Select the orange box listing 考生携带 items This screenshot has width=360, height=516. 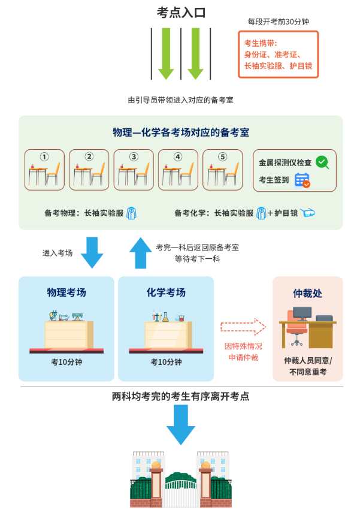point(278,55)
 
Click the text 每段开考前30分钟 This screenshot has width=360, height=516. point(278,22)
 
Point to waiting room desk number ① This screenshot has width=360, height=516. point(44,170)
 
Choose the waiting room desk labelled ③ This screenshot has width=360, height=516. point(134,170)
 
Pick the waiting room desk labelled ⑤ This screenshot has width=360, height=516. point(223,170)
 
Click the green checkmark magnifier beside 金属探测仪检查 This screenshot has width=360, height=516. point(322,162)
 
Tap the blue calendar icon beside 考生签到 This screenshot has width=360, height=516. point(302,180)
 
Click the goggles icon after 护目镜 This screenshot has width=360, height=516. point(308,213)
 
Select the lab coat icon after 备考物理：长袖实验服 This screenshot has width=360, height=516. point(131,213)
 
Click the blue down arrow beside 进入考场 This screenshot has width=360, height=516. point(92,252)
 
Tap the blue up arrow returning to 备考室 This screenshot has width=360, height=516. point(141,252)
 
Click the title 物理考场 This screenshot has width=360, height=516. point(66,292)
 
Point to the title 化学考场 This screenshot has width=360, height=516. point(166,292)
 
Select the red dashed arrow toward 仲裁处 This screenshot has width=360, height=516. point(243,327)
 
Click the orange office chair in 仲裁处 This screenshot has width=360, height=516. point(296,328)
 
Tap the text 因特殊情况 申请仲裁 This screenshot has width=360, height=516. point(243,352)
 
